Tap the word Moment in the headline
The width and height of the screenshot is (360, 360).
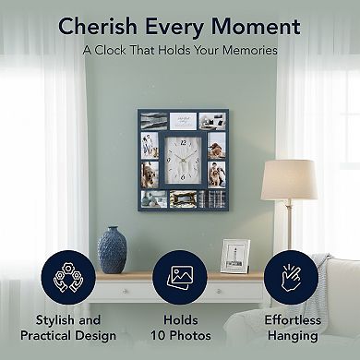259,26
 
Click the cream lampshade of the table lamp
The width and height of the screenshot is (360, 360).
289,179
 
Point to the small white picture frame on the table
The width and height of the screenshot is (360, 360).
234,256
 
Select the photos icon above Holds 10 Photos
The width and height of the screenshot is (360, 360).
180,277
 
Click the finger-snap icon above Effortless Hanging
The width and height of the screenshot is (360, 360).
290,277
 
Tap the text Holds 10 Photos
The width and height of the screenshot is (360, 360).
181,329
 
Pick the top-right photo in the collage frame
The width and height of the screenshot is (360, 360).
214,121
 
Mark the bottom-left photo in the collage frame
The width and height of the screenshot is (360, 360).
153,198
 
